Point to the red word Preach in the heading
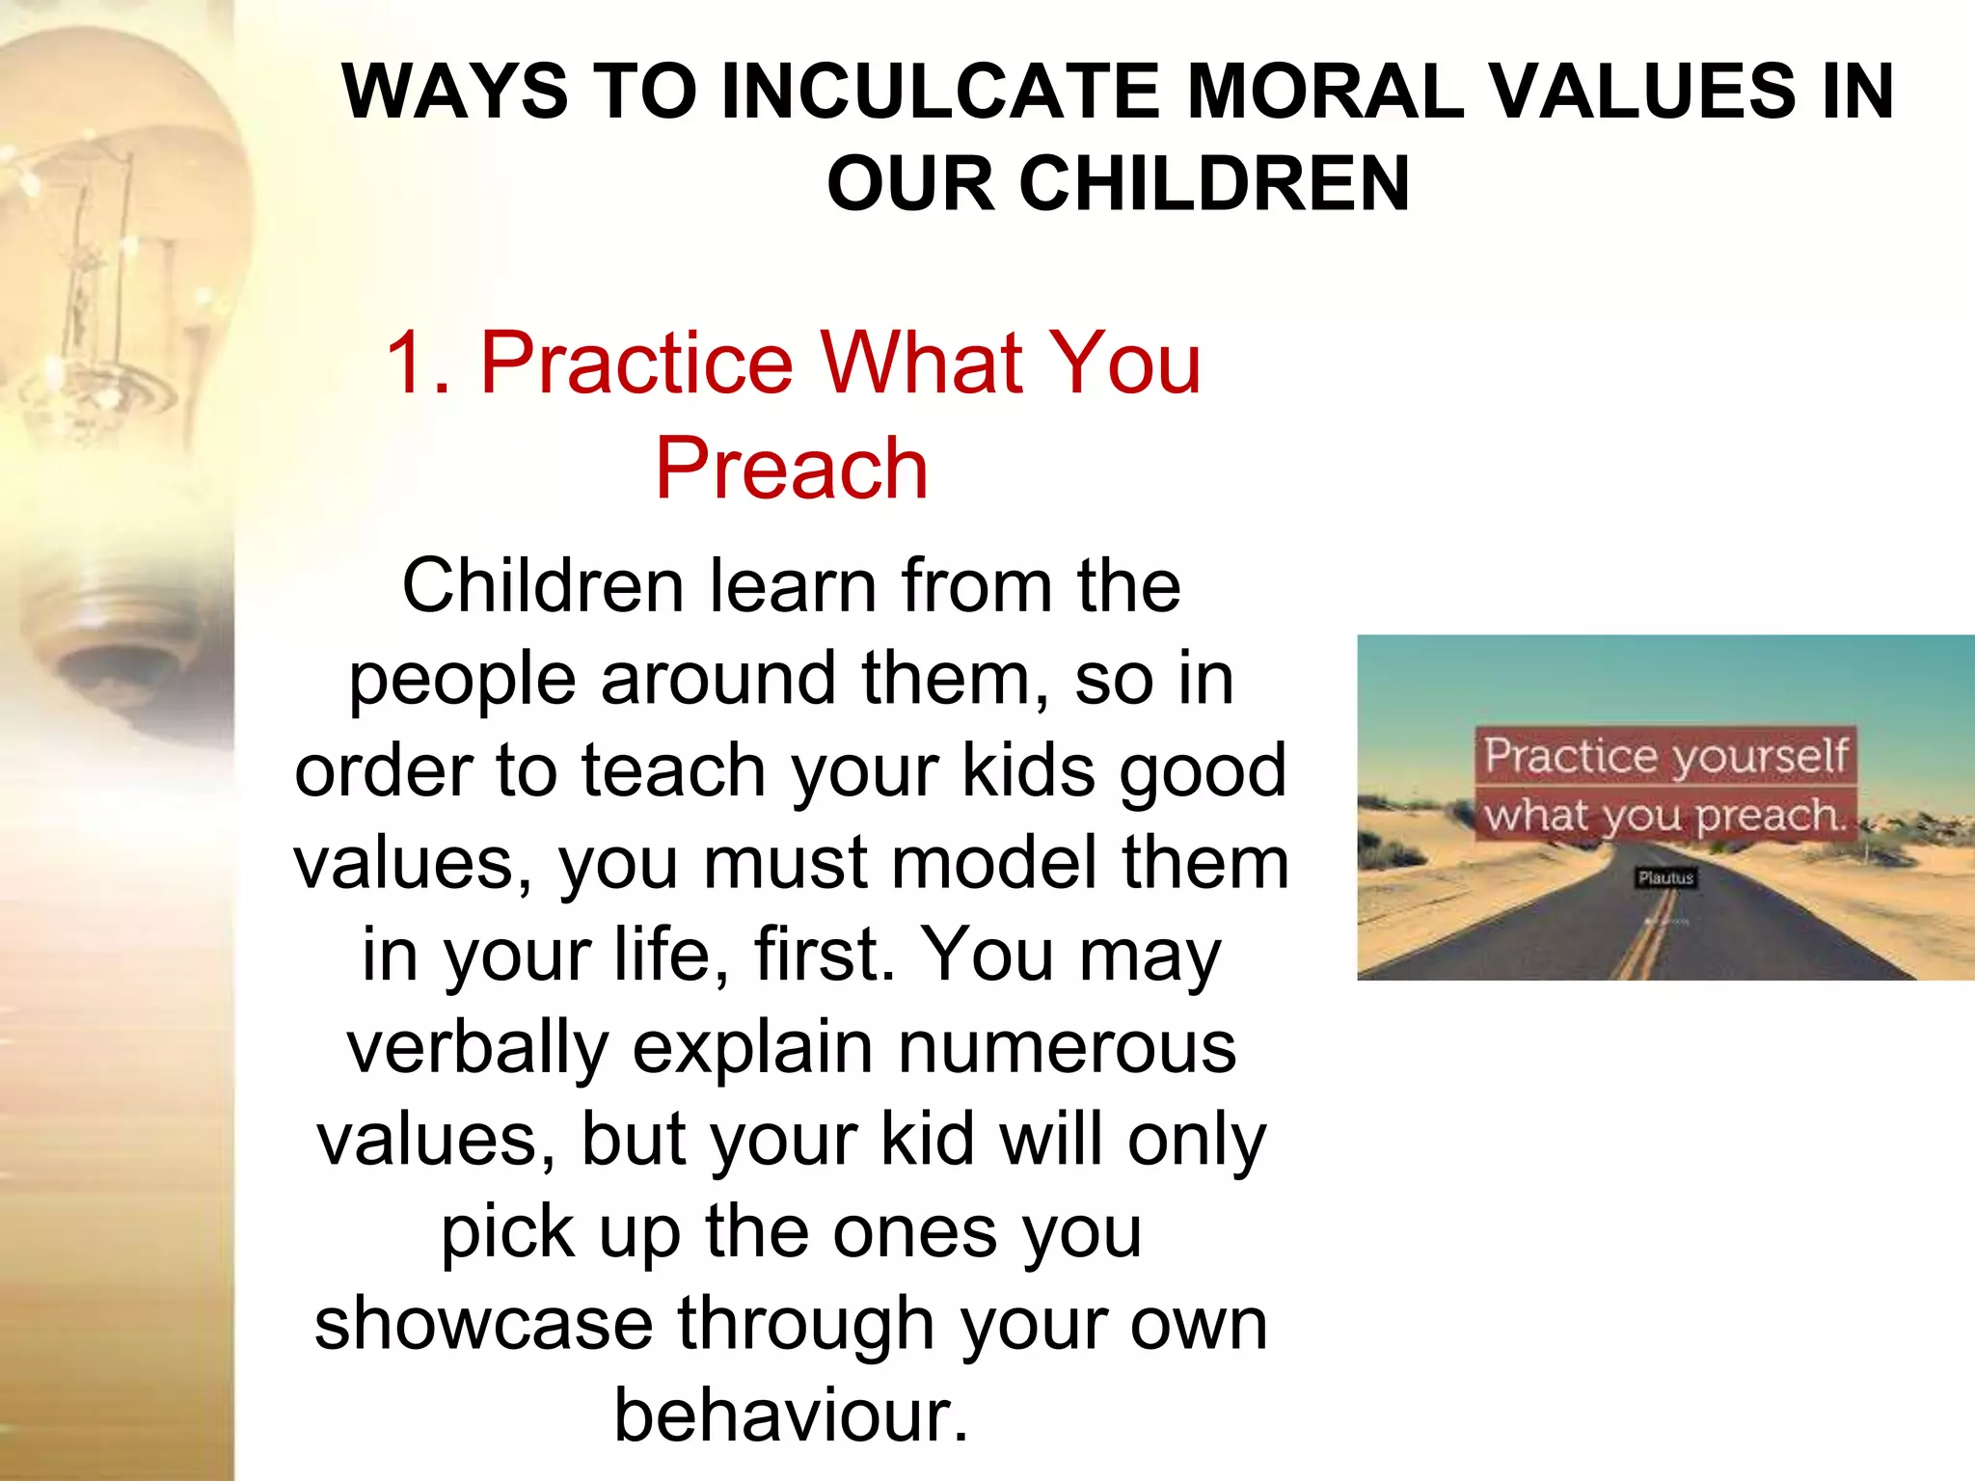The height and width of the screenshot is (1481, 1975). pos(791,469)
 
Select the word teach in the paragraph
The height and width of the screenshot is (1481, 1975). pos(674,770)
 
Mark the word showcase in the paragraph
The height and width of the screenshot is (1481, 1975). pos(483,1324)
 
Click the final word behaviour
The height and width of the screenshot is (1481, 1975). pos(791,1415)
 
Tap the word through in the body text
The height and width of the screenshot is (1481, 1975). pos(805,1324)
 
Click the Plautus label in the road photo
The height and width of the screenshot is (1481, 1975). pos(1665,877)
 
